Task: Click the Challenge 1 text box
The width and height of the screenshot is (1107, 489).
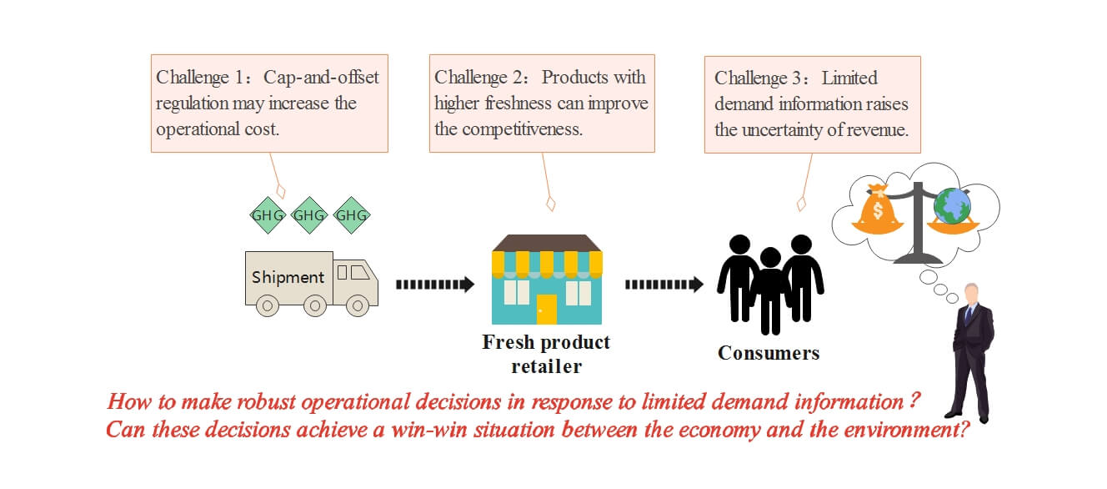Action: click(269, 103)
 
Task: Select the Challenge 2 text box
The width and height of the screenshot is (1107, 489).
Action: click(542, 103)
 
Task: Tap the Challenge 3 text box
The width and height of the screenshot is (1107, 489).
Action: click(812, 103)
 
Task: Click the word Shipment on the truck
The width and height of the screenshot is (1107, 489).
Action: click(288, 277)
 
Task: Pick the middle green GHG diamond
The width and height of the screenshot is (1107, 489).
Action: click(309, 215)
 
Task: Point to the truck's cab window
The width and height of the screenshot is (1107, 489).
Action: click(357, 272)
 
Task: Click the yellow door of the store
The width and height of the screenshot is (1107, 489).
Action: click(547, 308)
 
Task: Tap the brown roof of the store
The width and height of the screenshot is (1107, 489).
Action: click(547, 242)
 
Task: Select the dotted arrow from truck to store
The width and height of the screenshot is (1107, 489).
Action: click(434, 285)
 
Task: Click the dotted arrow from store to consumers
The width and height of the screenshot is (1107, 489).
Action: click(664, 285)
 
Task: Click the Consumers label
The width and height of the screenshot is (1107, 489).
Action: click(769, 353)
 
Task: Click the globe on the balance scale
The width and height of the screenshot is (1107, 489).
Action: click(953, 205)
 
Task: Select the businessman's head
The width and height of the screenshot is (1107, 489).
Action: click(970, 293)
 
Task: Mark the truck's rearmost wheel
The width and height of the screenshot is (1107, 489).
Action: click(267, 306)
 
